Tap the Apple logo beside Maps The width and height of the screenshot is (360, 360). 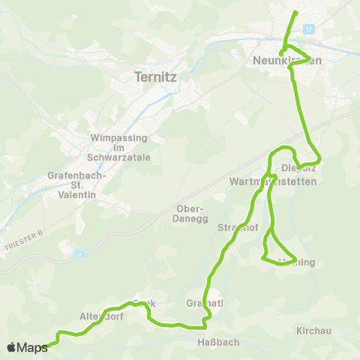(11, 347)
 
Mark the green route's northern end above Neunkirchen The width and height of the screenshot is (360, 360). (295, 12)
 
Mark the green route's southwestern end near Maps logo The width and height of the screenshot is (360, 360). (46, 346)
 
